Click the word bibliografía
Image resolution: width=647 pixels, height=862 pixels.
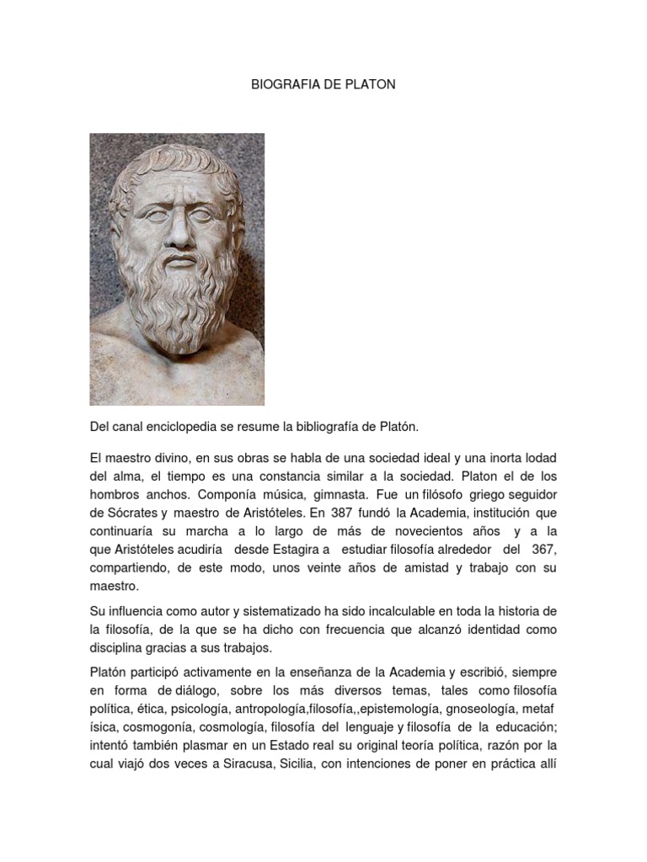click(329, 428)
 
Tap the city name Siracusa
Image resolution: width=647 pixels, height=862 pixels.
click(240, 764)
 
